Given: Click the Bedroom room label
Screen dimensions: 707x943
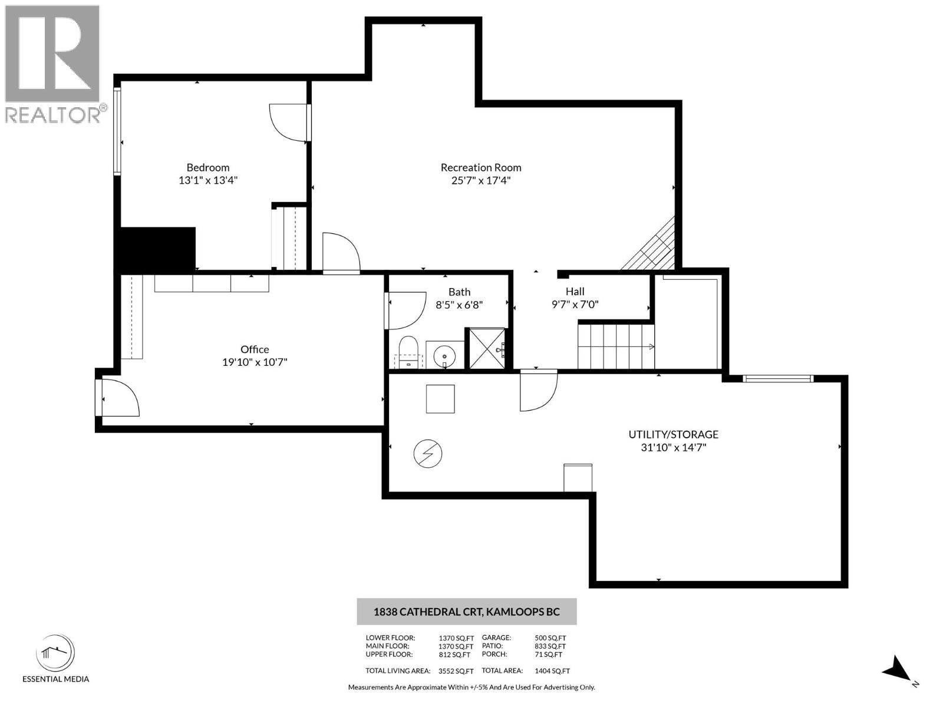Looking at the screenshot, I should [x=208, y=167].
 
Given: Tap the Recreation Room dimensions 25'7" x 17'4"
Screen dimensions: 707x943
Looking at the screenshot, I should [x=480, y=180].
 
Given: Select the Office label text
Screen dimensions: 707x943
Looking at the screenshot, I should [x=255, y=349].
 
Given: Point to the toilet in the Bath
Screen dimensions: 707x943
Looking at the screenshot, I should [x=408, y=352].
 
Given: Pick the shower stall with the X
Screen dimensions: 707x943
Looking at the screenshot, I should [x=487, y=349].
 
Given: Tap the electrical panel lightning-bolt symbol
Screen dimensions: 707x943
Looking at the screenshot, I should [x=428, y=454].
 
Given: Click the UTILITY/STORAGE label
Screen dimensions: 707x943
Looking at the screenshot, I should [x=673, y=434].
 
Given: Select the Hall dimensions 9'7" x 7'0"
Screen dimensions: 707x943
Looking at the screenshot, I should [x=575, y=305].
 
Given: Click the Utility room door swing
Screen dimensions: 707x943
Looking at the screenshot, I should [x=538, y=390].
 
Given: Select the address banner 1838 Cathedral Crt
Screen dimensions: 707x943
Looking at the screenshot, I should [x=466, y=612].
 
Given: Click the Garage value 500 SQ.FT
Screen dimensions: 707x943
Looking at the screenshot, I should [x=549, y=637].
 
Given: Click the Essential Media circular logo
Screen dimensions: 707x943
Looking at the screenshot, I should [x=55, y=654].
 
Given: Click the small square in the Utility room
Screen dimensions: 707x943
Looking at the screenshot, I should [x=440, y=399].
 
